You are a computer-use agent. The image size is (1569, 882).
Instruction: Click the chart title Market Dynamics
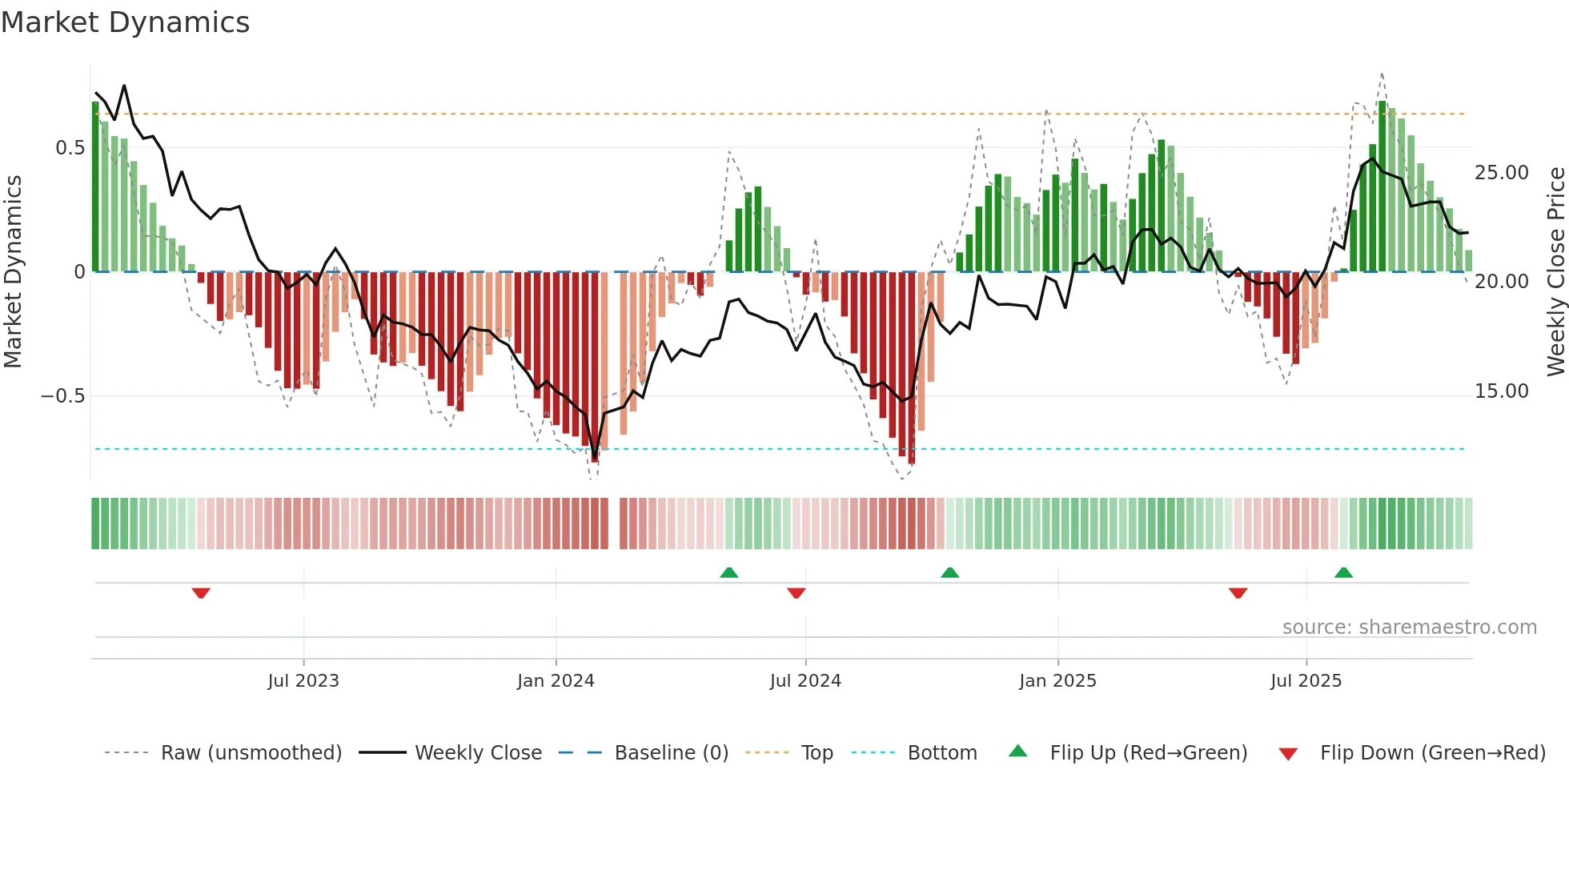pos(126,22)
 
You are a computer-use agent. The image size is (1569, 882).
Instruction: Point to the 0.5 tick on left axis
pos(70,148)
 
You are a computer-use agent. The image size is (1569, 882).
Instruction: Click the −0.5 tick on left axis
pos(62,396)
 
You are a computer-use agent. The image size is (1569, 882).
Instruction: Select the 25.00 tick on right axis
pos(1501,173)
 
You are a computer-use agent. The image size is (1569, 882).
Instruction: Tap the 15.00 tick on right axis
pos(1501,391)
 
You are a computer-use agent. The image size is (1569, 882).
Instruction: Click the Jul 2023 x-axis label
pos(303,681)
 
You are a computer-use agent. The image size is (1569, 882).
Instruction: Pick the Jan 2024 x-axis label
pos(556,681)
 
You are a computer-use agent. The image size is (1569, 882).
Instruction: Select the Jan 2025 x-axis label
pos(1057,681)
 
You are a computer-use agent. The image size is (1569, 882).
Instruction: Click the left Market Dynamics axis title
pos(13,272)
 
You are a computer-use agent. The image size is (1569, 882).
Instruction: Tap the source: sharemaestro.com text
pos(1409,627)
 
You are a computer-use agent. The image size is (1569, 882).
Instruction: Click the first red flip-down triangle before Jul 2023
pos(201,593)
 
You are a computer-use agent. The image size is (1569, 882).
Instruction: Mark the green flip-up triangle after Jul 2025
pos(1343,572)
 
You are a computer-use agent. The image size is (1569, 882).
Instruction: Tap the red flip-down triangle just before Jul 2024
pos(796,593)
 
